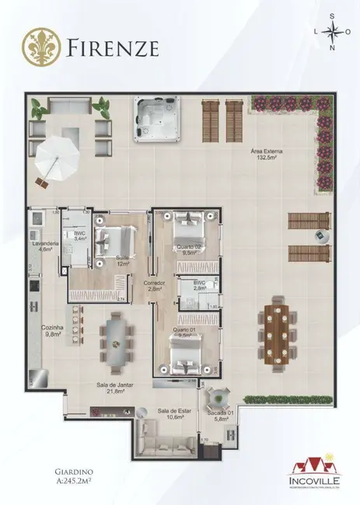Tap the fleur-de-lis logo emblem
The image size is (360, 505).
point(40,47)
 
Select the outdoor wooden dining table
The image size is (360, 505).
point(277,326)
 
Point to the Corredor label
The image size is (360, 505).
point(154,286)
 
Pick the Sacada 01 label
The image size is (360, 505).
point(217,416)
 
